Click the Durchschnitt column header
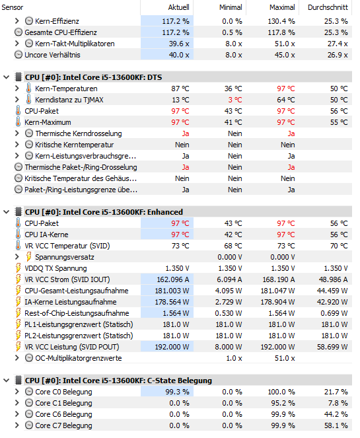328,7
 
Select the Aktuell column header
178,7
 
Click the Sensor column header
13,7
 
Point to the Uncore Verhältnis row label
52,55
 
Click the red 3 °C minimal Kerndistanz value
235,100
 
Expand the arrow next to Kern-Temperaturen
17,89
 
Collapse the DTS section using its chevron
7,77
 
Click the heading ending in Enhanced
104,212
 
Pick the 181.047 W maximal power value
277,291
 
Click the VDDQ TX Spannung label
55,268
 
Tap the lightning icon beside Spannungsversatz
28,257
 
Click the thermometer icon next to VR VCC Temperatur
18,246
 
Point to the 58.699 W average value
332,347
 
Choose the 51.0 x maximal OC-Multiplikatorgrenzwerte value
285,358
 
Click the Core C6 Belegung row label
63,414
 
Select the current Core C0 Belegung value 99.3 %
177,392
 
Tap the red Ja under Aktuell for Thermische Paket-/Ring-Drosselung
186,167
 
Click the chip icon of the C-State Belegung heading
18,381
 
